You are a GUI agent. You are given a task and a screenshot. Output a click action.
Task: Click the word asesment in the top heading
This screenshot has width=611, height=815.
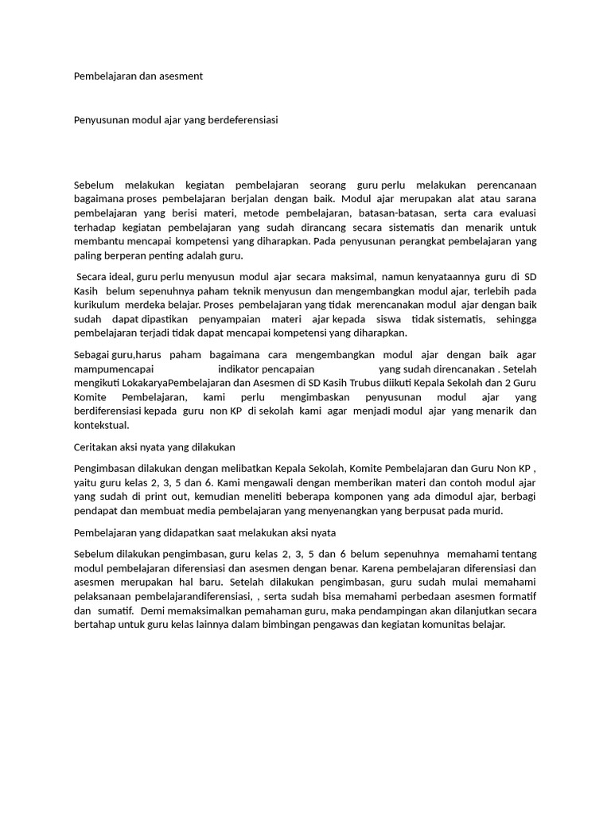[181, 76]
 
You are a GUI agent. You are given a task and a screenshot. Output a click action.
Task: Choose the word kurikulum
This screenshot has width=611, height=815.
[97, 305]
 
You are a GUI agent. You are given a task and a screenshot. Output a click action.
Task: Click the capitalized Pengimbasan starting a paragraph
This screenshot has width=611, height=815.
[106, 469]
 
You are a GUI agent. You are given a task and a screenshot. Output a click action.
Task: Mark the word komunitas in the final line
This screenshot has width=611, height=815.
[449, 626]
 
